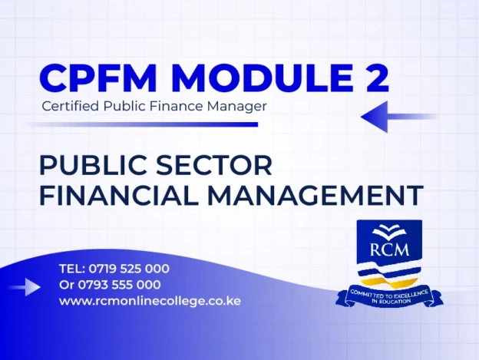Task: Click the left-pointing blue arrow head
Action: (375, 117)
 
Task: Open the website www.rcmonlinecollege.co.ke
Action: (150, 301)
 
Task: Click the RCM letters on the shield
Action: (388, 248)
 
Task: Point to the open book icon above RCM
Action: (388, 230)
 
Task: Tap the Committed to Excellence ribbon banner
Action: (388, 296)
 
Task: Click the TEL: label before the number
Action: (72, 269)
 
